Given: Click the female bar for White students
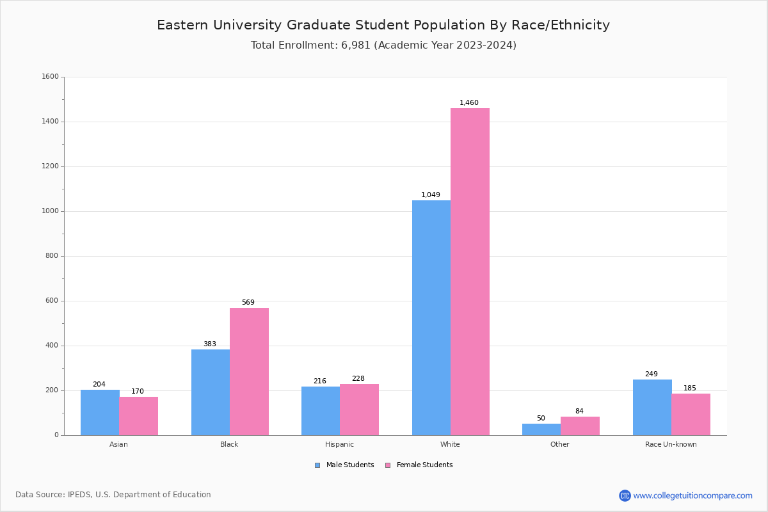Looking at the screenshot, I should pyautogui.click(x=470, y=271).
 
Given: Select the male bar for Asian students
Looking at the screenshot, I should pyautogui.click(x=100, y=412).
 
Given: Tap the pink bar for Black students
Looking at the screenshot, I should pyautogui.click(x=249, y=371).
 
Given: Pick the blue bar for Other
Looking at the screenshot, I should pyautogui.click(x=541, y=429).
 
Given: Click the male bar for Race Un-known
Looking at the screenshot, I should pyautogui.click(x=652, y=407).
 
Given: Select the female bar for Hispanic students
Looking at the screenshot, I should pyautogui.click(x=359, y=410).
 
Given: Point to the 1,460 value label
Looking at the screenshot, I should pyautogui.click(x=469, y=103).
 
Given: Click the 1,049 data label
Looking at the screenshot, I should pyautogui.click(x=431, y=195).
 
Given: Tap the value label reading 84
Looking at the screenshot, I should pyautogui.click(x=579, y=412).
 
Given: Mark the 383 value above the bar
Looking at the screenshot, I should pyautogui.click(x=210, y=344).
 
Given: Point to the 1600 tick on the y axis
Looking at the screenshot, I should pyautogui.click(x=50, y=77).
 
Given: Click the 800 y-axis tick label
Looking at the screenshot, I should pyautogui.click(x=52, y=256).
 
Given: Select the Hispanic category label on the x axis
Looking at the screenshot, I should pyautogui.click(x=339, y=444).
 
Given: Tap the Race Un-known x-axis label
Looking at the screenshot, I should pyautogui.click(x=671, y=444).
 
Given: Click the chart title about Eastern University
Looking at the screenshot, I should pyautogui.click(x=383, y=26).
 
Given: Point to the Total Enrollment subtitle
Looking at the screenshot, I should pyautogui.click(x=383, y=45).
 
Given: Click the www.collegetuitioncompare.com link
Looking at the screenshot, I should pyautogui.click(x=692, y=495).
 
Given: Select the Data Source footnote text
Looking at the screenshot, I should pyautogui.click(x=113, y=495).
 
